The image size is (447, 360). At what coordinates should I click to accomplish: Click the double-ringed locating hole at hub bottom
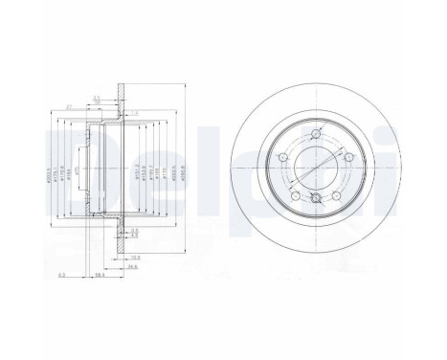317,199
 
